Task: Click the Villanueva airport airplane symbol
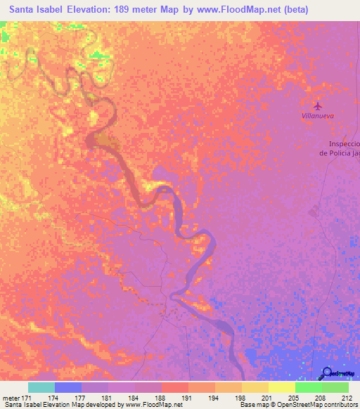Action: [x=318, y=106]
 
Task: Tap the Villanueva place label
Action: [x=317, y=117]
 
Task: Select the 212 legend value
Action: [x=348, y=398]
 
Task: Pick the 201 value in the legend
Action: [x=268, y=398]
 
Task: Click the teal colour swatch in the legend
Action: [x=41, y=387]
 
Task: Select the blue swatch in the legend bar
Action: [x=68, y=387]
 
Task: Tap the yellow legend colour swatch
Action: [x=282, y=387]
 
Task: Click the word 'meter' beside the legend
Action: [x=10, y=398]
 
